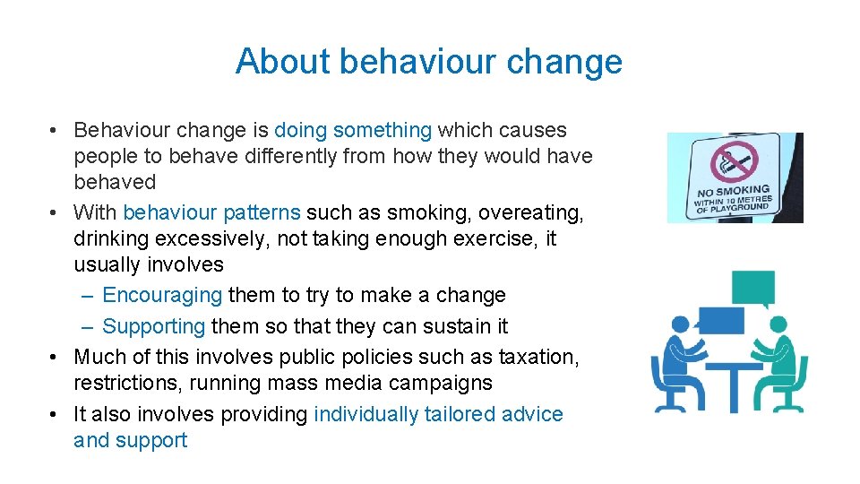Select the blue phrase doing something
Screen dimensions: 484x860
pos(353,131)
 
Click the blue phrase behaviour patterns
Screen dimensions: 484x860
pos(211,213)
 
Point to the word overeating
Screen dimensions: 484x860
pos(530,213)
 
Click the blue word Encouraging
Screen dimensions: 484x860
pos(162,296)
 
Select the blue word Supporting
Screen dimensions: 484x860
pos(154,327)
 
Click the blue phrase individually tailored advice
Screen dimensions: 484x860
pos(438,415)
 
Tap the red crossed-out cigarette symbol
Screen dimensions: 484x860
pos(734,164)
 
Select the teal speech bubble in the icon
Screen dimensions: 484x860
pos(753,289)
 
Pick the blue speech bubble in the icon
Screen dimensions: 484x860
pos(720,320)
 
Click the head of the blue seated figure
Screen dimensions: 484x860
pos(679,324)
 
